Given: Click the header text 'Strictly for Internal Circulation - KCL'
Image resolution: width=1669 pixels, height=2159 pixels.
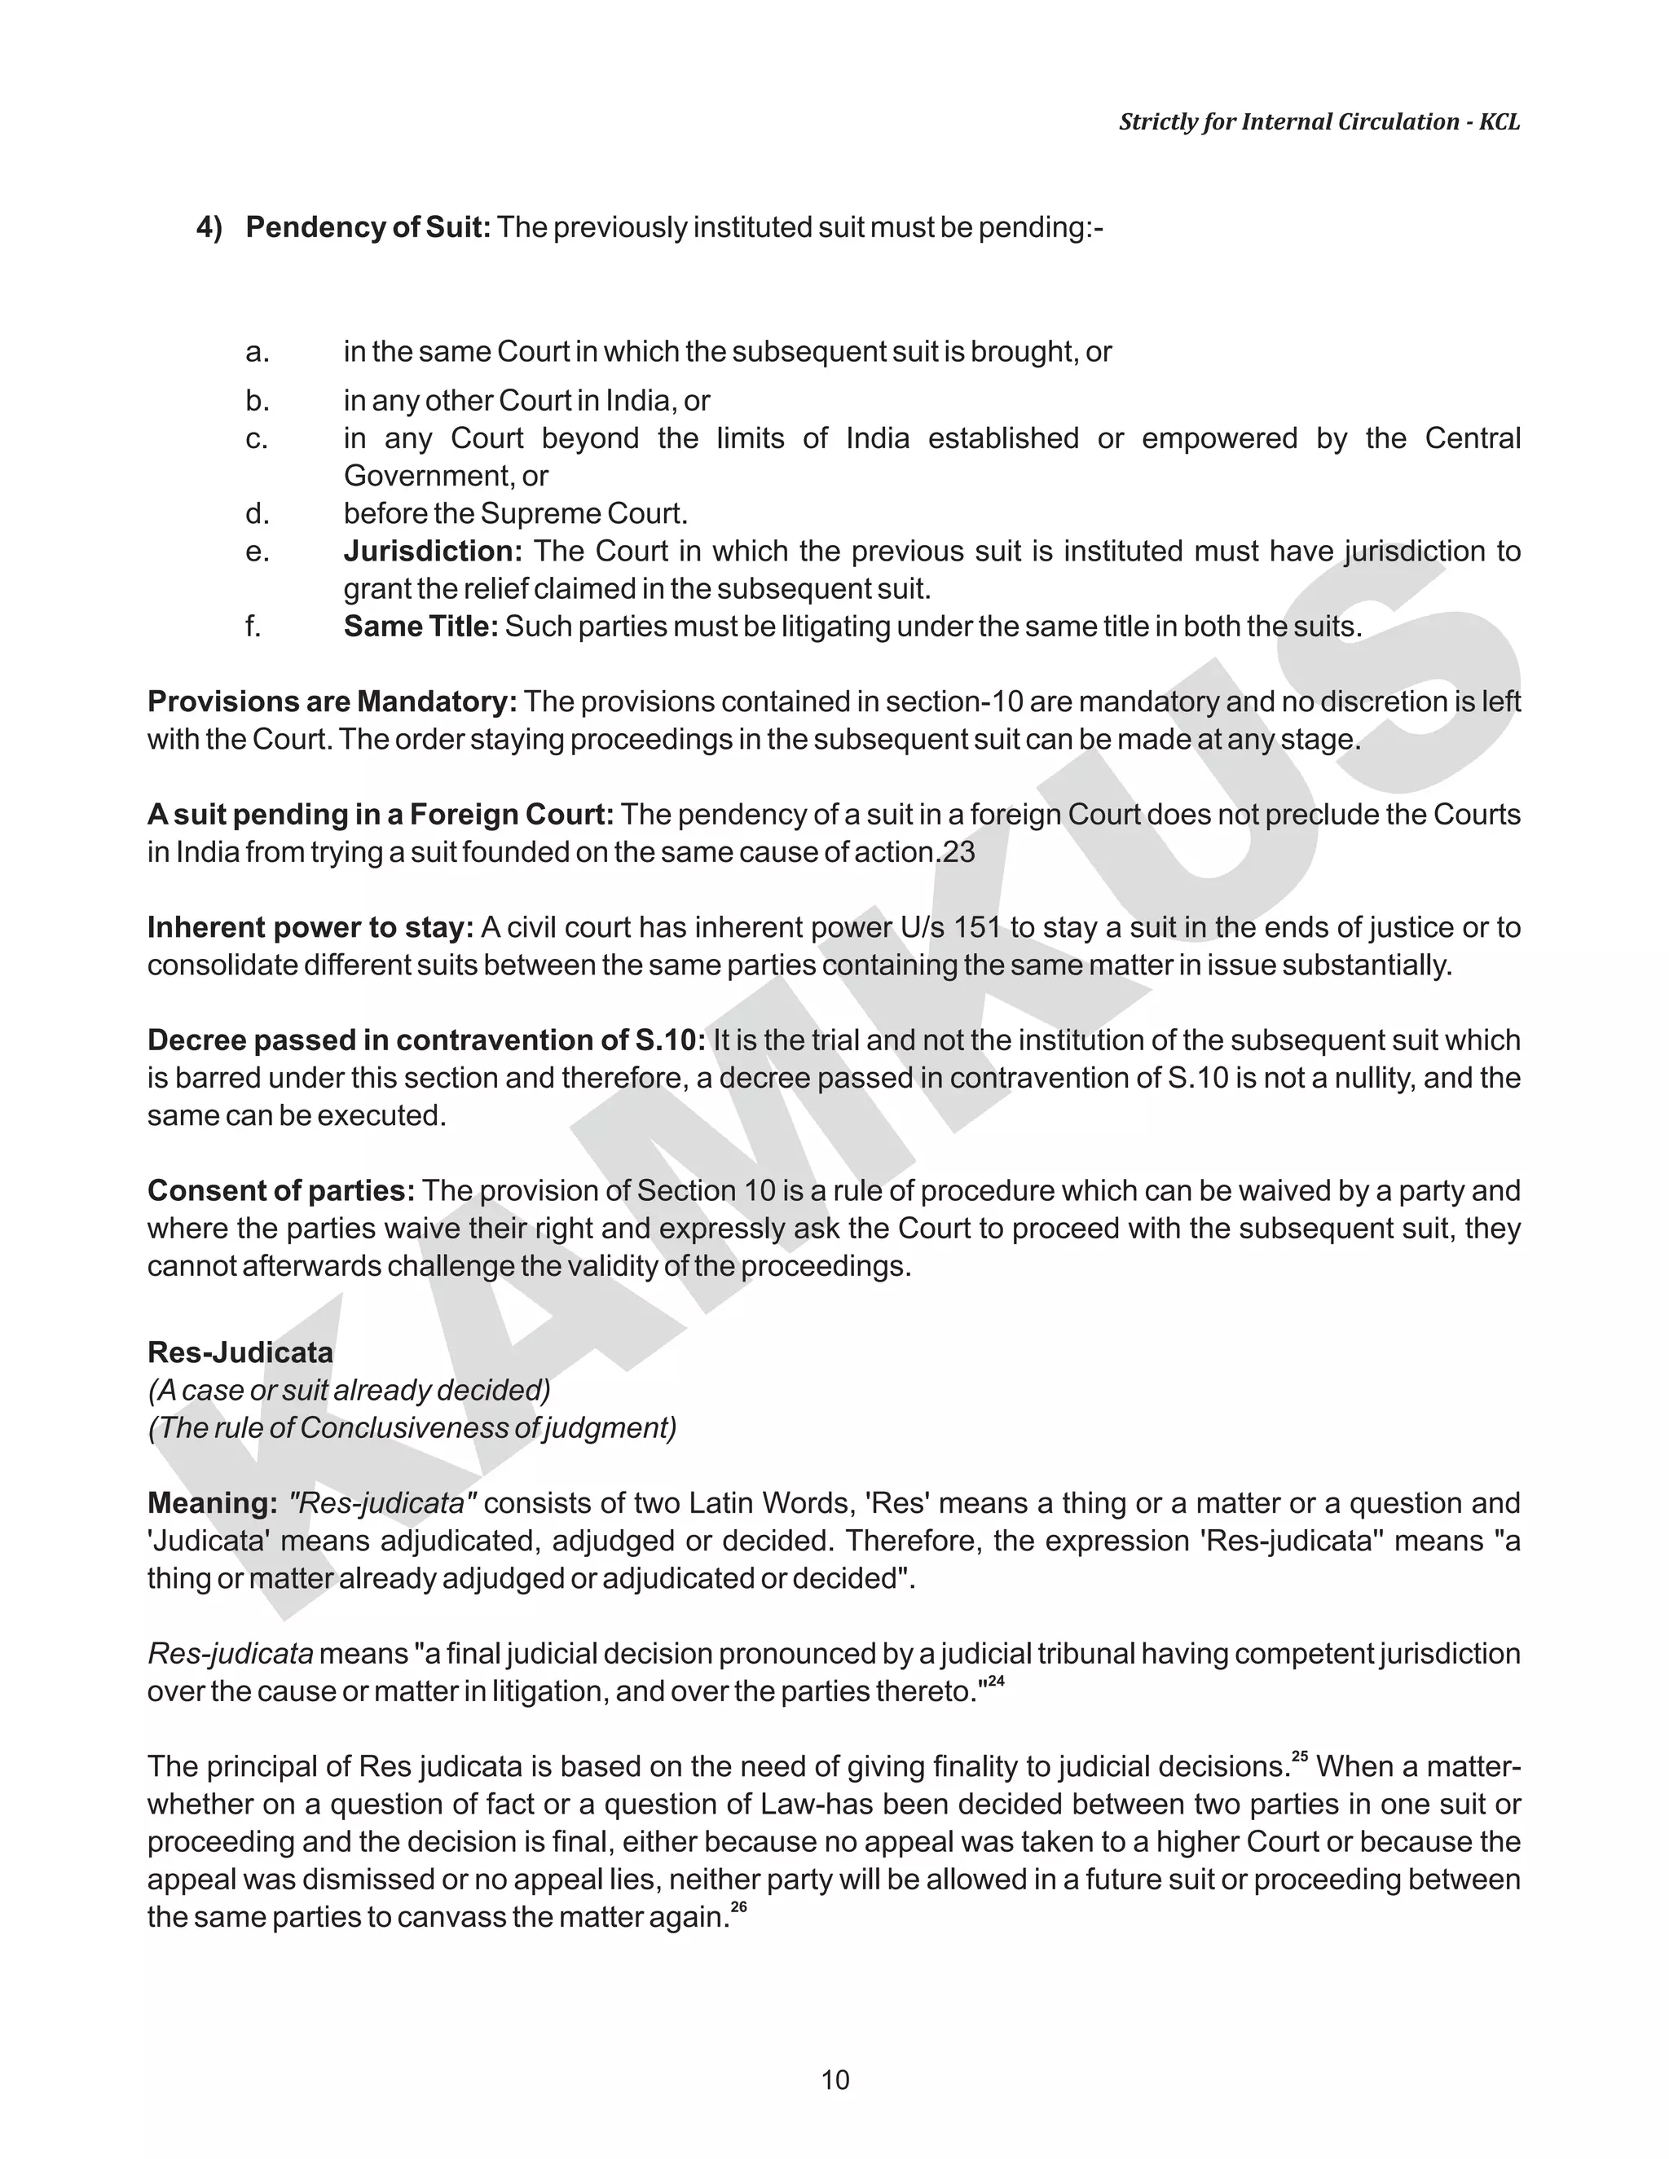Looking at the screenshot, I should click(1319, 121).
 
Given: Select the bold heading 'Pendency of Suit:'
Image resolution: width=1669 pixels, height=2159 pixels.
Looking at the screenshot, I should click(368, 227).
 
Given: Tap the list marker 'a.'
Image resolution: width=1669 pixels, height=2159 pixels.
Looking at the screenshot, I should click(257, 352).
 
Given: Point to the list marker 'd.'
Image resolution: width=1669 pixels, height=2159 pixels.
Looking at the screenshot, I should click(257, 514).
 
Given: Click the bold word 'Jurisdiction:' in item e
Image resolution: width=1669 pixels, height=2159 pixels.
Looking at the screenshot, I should click(432, 552).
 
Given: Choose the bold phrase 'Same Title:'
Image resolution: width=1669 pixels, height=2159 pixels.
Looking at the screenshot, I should click(421, 627).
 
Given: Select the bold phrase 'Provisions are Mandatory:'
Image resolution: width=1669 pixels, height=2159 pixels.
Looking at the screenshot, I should click(332, 701).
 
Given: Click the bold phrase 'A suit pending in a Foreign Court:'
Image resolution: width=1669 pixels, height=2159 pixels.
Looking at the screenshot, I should click(381, 815).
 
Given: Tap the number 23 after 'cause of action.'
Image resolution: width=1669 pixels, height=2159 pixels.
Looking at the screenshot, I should click(958, 852).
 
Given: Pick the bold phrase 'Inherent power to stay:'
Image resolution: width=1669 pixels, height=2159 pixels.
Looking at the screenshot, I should click(310, 927).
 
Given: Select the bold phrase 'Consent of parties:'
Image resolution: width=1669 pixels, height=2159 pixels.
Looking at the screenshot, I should click(281, 1191).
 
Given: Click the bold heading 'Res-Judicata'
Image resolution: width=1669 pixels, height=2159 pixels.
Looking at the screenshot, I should click(240, 1352).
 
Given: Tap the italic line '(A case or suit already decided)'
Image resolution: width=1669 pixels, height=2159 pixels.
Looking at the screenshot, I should click(349, 1390).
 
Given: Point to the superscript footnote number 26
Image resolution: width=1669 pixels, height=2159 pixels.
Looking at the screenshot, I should click(738, 1908).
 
